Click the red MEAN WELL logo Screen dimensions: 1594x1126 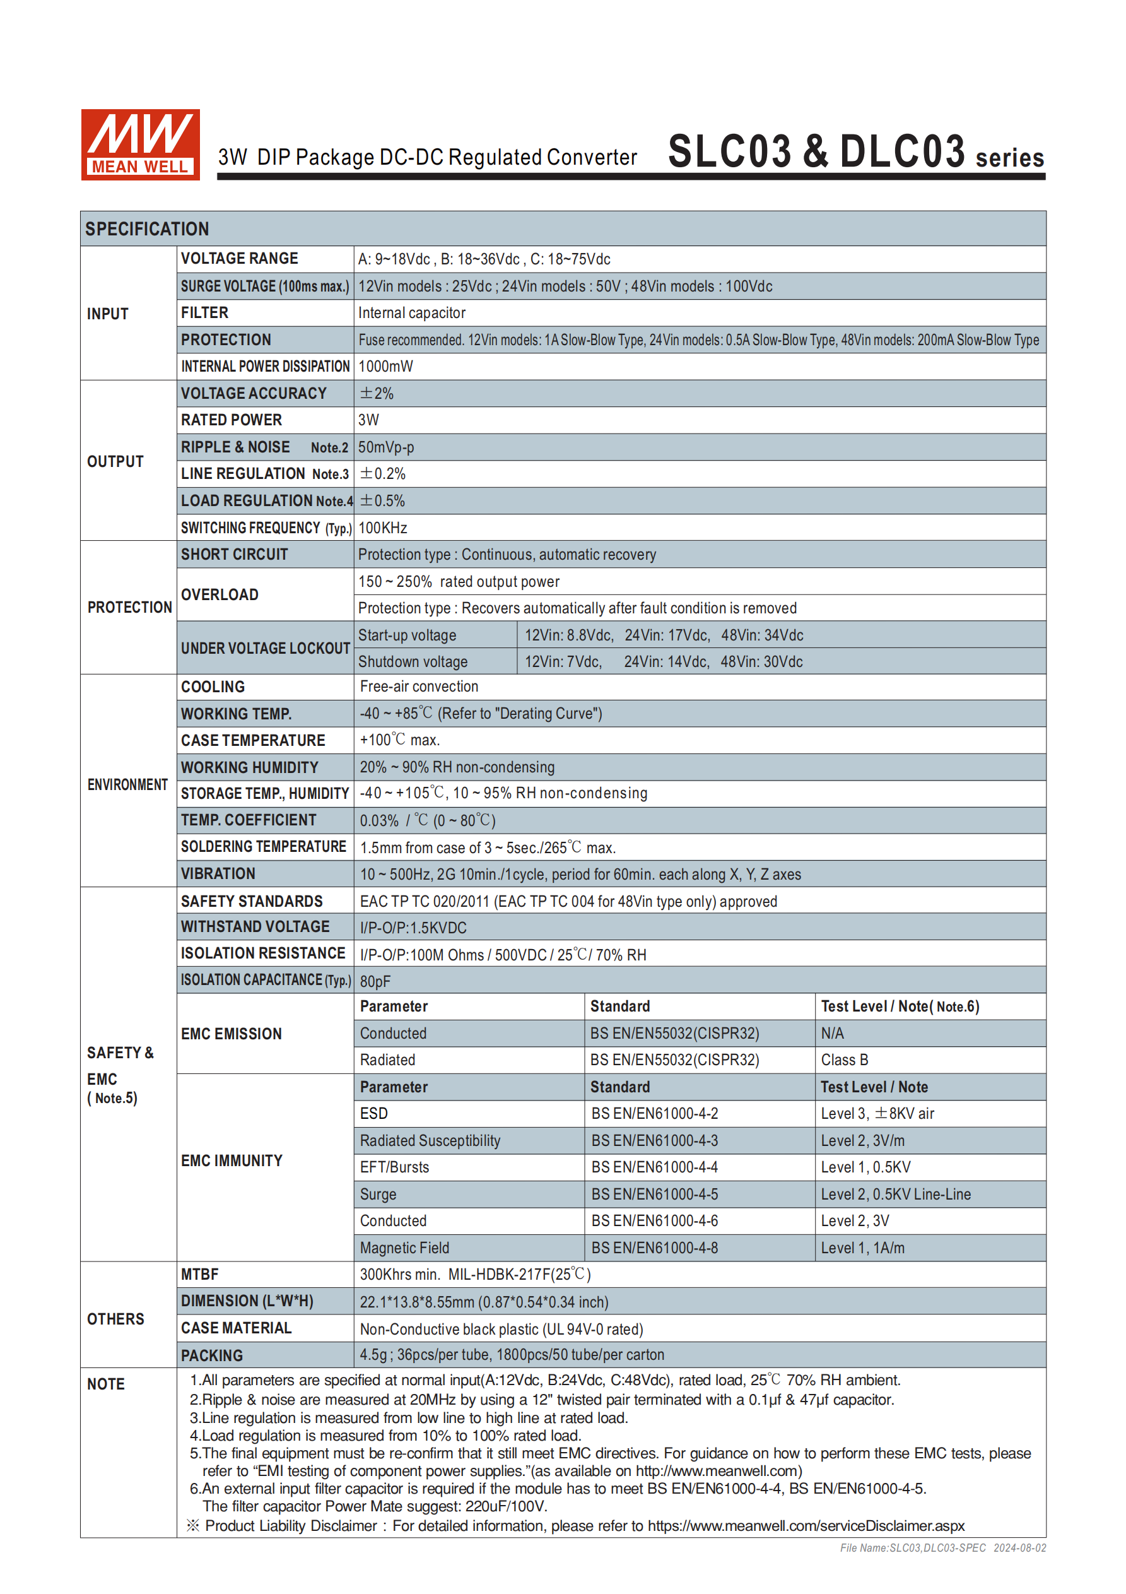(x=140, y=145)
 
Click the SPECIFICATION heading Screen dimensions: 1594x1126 (x=147, y=229)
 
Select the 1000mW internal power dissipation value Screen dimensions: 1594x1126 (x=385, y=367)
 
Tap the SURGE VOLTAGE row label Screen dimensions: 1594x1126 (x=264, y=286)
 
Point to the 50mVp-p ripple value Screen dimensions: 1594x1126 (x=386, y=447)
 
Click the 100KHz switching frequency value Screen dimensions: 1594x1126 (x=382, y=528)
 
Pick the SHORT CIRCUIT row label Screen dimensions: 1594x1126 (x=235, y=555)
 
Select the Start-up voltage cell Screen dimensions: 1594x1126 (x=408, y=635)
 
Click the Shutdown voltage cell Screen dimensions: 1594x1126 (x=413, y=661)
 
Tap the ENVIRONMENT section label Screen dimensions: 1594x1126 (x=127, y=784)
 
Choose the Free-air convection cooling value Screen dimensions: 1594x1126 (x=419, y=687)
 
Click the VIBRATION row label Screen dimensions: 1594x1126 (x=218, y=874)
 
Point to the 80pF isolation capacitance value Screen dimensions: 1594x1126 (x=375, y=981)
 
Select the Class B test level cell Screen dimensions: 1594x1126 (x=844, y=1060)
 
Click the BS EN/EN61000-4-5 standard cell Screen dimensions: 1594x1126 (x=655, y=1194)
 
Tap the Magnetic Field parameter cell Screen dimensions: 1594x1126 (x=405, y=1248)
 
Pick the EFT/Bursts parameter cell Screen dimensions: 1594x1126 (x=394, y=1167)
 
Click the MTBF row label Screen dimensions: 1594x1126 (x=200, y=1275)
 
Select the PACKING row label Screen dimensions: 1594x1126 (x=212, y=1355)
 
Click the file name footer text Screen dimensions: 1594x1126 (x=942, y=1547)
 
